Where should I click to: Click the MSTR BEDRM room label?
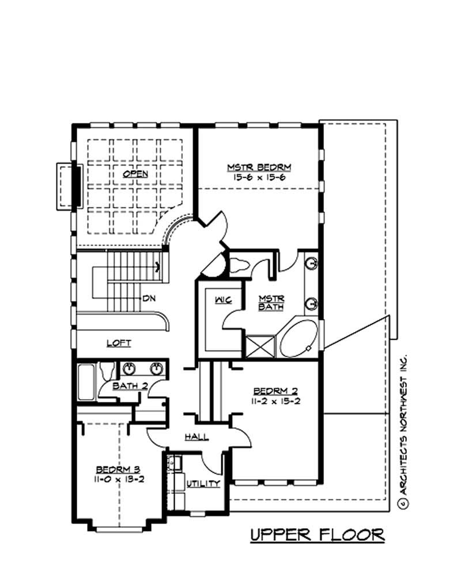[259, 167]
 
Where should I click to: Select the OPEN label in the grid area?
[135, 173]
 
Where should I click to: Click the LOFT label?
[119, 343]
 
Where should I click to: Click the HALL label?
[196, 437]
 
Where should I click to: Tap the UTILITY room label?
[203, 483]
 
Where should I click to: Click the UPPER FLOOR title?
[318, 534]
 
